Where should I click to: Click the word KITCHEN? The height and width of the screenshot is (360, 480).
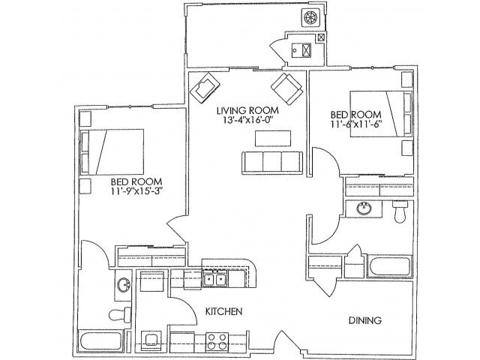pyautogui.click(x=224, y=310)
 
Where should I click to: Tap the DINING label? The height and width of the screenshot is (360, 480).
pyautogui.click(x=365, y=320)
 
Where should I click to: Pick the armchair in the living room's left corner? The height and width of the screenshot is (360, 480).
pyautogui.click(x=203, y=91)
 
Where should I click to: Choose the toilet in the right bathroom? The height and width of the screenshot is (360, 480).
pyautogui.click(x=400, y=214)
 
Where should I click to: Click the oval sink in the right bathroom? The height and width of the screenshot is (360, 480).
pyautogui.click(x=364, y=208)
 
